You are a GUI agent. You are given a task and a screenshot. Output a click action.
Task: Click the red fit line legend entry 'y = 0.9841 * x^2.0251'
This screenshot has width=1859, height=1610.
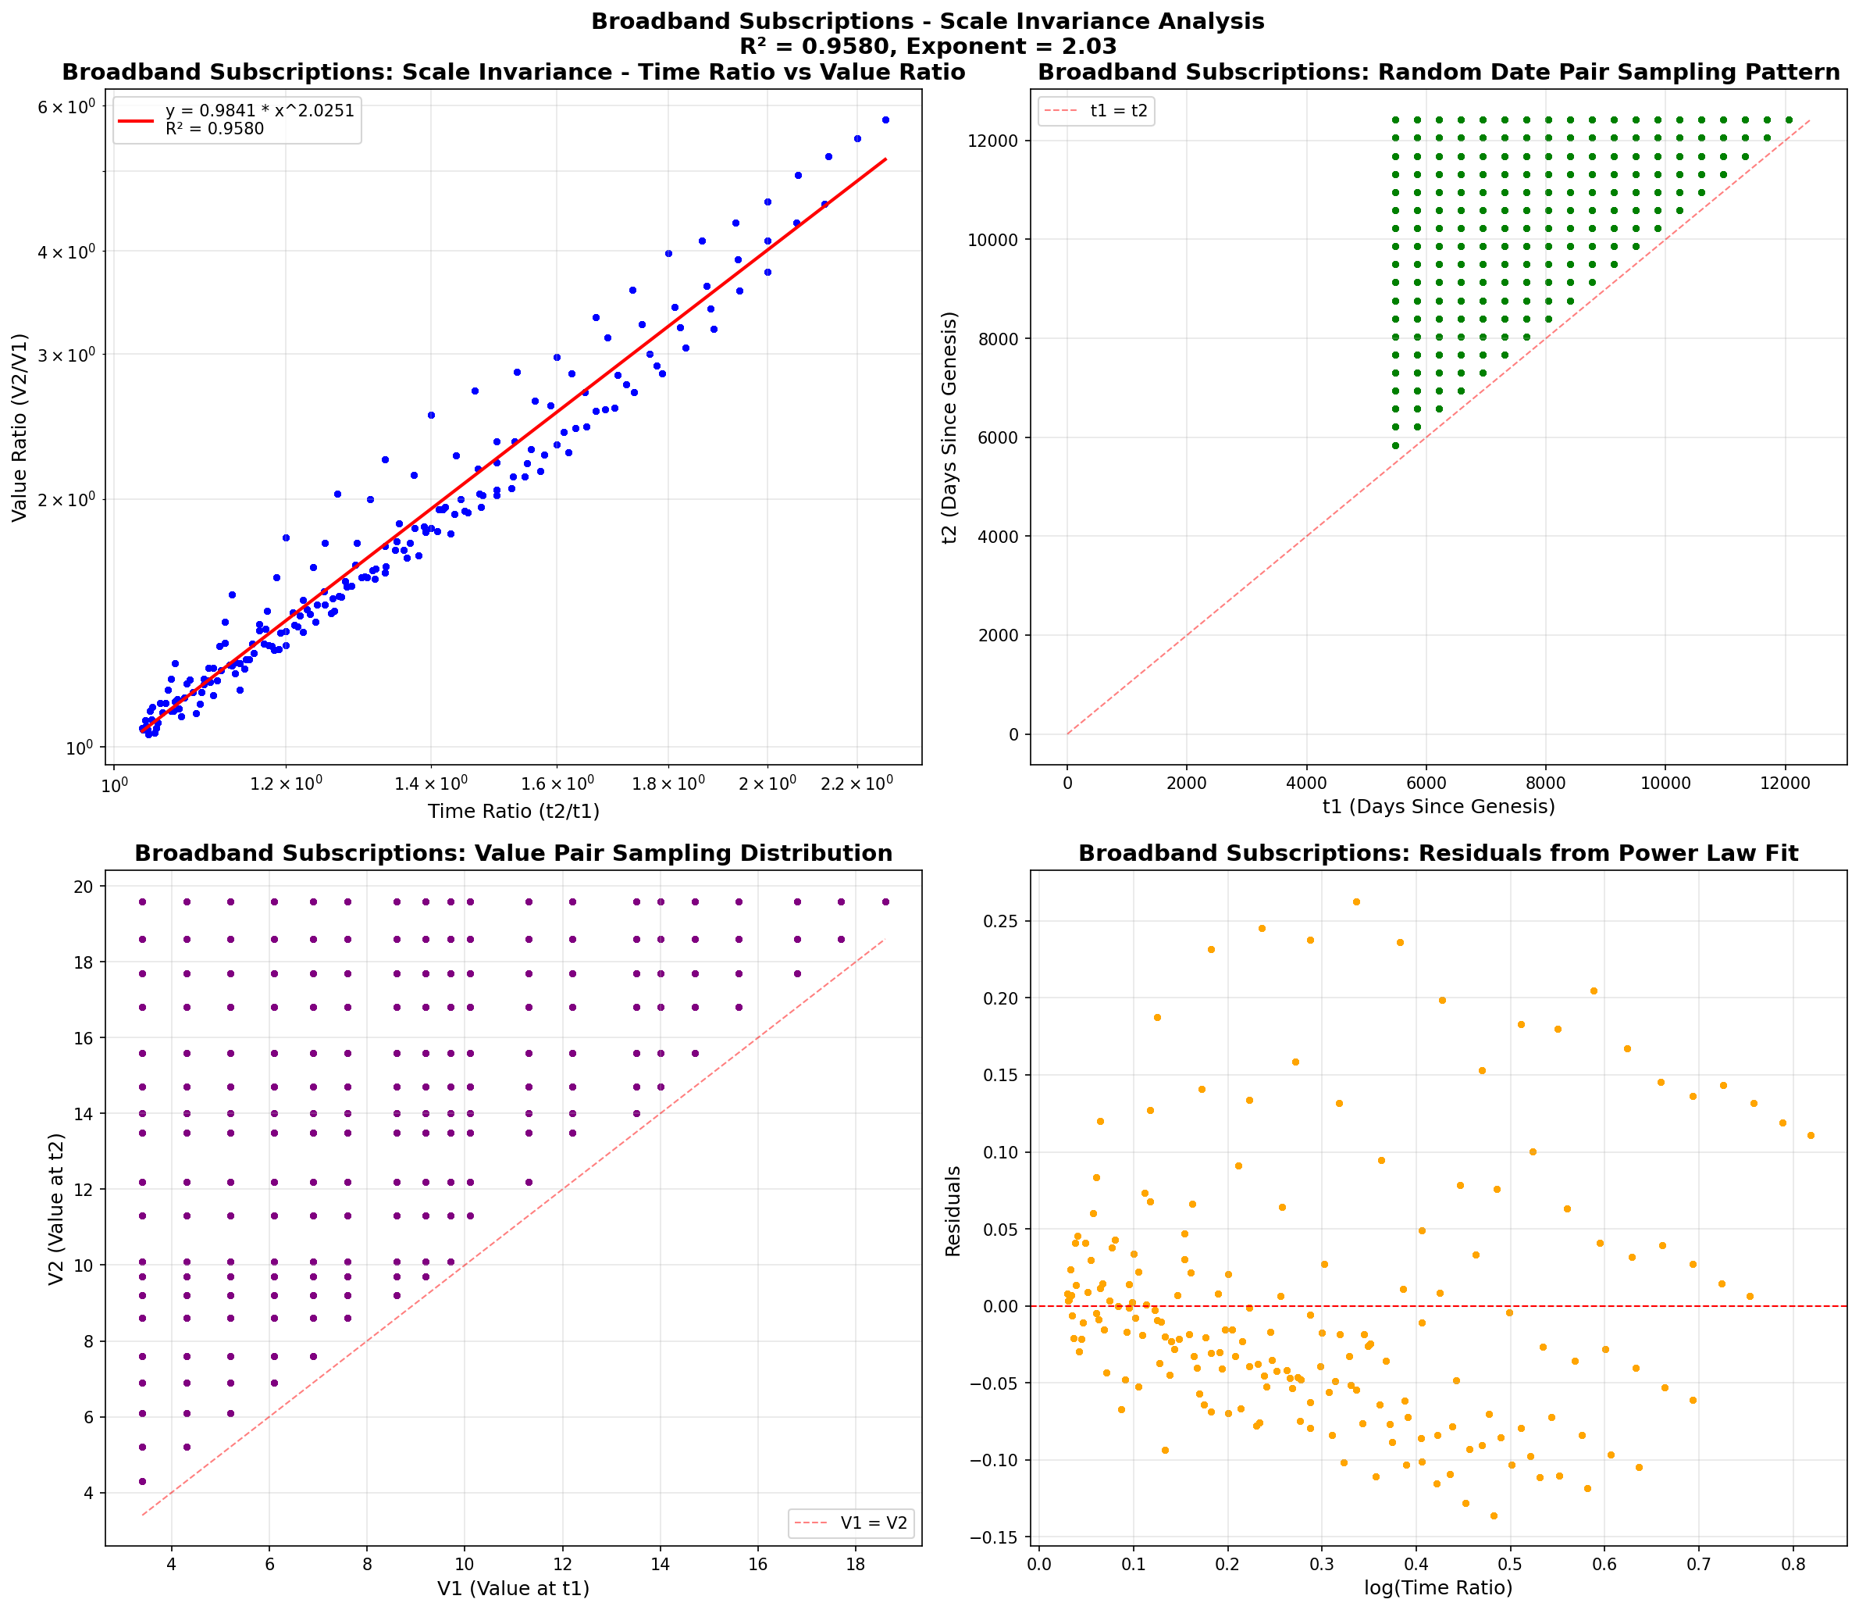click(x=259, y=110)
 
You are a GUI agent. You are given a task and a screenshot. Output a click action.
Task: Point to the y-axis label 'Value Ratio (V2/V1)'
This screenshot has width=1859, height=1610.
click(x=20, y=427)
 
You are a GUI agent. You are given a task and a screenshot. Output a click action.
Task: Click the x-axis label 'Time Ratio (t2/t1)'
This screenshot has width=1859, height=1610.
click(x=513, y=812)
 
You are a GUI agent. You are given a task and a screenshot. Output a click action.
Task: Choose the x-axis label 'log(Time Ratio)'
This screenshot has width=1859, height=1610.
click(x=1438, y=1587)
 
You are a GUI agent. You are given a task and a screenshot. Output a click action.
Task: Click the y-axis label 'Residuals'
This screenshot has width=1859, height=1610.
click(x=953, y=1210)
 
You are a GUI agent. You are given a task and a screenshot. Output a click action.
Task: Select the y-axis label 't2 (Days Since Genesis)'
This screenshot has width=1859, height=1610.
click(x=949, y=427)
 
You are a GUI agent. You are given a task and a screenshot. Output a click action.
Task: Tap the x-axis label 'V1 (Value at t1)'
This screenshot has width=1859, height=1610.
click(x=513, y=1588)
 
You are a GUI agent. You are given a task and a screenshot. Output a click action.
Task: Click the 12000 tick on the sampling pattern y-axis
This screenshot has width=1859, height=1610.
click(x=995, y=141)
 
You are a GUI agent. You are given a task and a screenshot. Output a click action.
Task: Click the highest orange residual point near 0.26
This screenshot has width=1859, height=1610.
click(x=1356, y=902)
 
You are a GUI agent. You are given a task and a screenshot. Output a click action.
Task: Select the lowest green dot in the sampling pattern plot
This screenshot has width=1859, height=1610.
click(x=1394, y=445)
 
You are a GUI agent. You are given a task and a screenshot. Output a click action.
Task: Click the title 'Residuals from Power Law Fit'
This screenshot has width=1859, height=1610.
click(x=1438, y=854)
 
